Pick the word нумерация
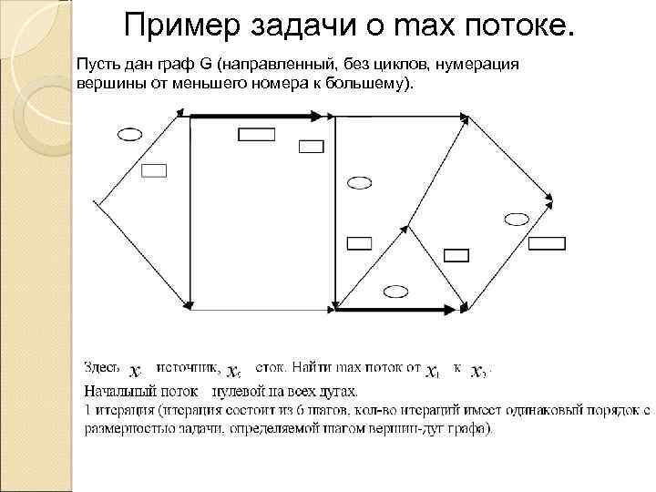click(x=484, y=67)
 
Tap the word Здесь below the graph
click(x=102, y=368)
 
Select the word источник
click(x=188, y=368)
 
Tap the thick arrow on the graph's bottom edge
click(x=395, y=311)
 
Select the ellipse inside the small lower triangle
click(x=395, y=291)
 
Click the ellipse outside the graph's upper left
click(x=130, y=134)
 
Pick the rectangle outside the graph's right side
click(x=548, y=242)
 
